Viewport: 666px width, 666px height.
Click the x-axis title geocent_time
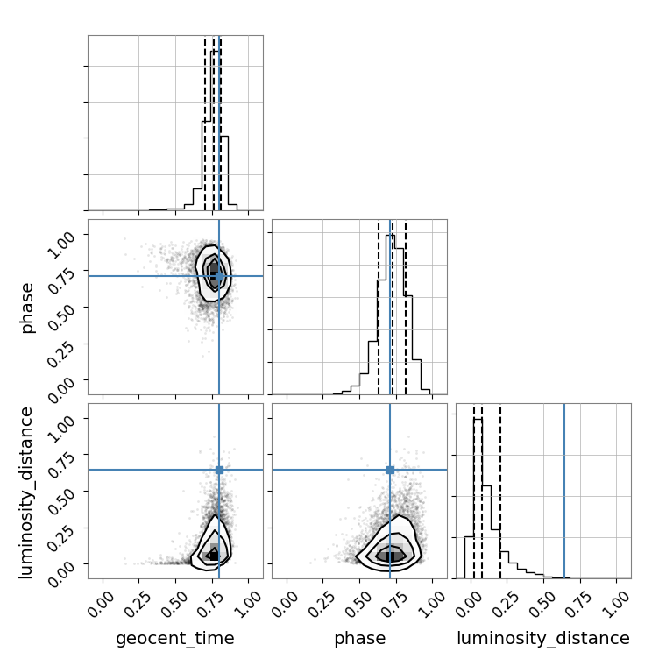click(x=175, y=638)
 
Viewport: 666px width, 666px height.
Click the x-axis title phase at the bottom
click(x=360, y=638)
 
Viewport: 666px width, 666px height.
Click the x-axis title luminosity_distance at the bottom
click(x=543, y=638)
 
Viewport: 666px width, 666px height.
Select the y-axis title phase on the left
click(x=26, y=308)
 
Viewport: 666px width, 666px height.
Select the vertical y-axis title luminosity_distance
click(x=25, y=492)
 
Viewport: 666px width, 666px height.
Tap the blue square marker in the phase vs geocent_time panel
click(x=219, y=277)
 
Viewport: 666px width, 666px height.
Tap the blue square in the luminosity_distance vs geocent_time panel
click(x=219, y=470)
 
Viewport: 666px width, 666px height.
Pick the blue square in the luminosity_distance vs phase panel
click(x=390, y=470)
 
